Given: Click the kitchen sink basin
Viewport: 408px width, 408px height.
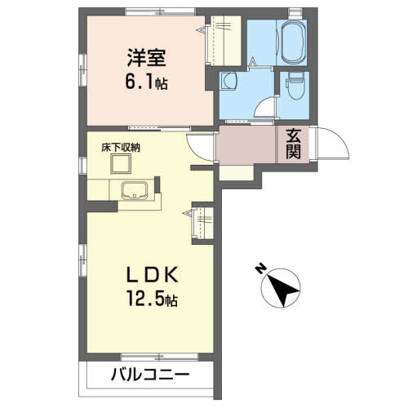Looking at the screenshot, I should click(135, 193).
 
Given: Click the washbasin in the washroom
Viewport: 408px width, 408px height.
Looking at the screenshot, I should click(229, 82).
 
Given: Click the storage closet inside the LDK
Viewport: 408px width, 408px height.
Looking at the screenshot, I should click(202, 223).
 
